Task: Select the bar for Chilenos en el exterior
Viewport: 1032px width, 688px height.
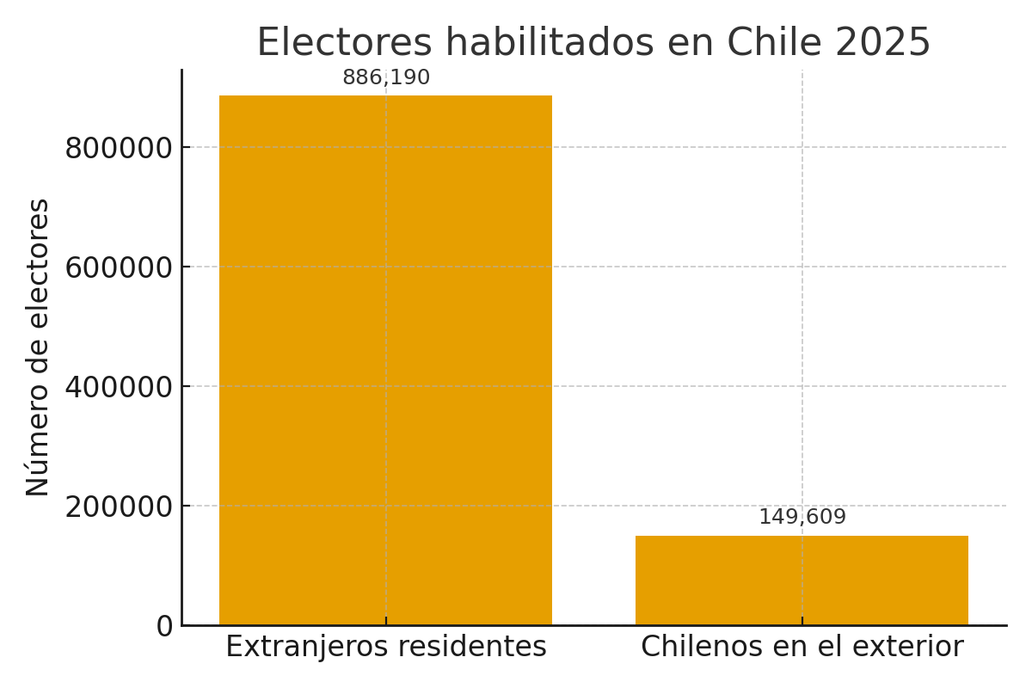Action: click(802, 580)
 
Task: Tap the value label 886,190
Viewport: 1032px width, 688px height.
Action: click(386, 78)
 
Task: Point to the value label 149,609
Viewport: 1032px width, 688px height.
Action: click(802, 518)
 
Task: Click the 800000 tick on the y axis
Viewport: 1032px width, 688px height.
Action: click(119, 149)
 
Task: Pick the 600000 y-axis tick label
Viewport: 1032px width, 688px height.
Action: click(119, 268)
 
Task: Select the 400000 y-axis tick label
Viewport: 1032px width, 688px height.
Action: click(119, 388)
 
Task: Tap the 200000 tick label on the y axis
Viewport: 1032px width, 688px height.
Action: click(119, 507)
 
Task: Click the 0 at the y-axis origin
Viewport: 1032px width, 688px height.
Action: click(164, 627)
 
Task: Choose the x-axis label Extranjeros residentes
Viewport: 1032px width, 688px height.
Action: click(385, 647)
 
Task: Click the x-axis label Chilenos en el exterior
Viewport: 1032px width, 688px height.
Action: click(802, 647)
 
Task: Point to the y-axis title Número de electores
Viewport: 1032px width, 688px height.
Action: click(38, 347)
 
